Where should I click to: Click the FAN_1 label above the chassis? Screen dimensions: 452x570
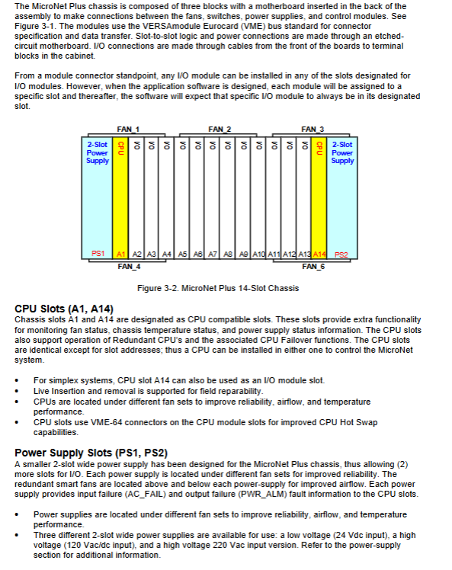tap(128, 130)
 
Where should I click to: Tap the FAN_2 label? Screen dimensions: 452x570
tap(220, 130)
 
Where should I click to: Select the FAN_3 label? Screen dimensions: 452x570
tap(313, 130)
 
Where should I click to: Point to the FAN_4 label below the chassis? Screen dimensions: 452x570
tap(129, 267)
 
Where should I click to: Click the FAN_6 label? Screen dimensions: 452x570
tap(313, 267)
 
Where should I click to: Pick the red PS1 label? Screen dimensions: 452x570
tap(98, 253)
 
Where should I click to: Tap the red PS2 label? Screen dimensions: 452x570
tap(341, 255)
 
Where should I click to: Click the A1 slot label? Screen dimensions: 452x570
tap(120, 255)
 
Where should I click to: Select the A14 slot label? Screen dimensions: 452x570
tap(319, 255)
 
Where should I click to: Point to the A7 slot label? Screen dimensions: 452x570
tap(213, 255)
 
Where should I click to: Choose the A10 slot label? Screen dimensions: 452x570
tap(258, 255)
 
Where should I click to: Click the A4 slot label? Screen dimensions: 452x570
tap(166, 255)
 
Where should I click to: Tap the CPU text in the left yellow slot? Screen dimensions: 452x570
tap(121, 148)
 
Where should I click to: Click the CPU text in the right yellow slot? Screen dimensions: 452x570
tap(319, 148)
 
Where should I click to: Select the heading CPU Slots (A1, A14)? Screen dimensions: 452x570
tap(64, 309)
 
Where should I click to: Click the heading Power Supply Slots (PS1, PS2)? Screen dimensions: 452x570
tap(91, 453)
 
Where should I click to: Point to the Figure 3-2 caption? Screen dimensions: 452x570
tap(218, 288)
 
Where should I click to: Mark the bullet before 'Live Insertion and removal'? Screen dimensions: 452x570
tap(17, 392)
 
